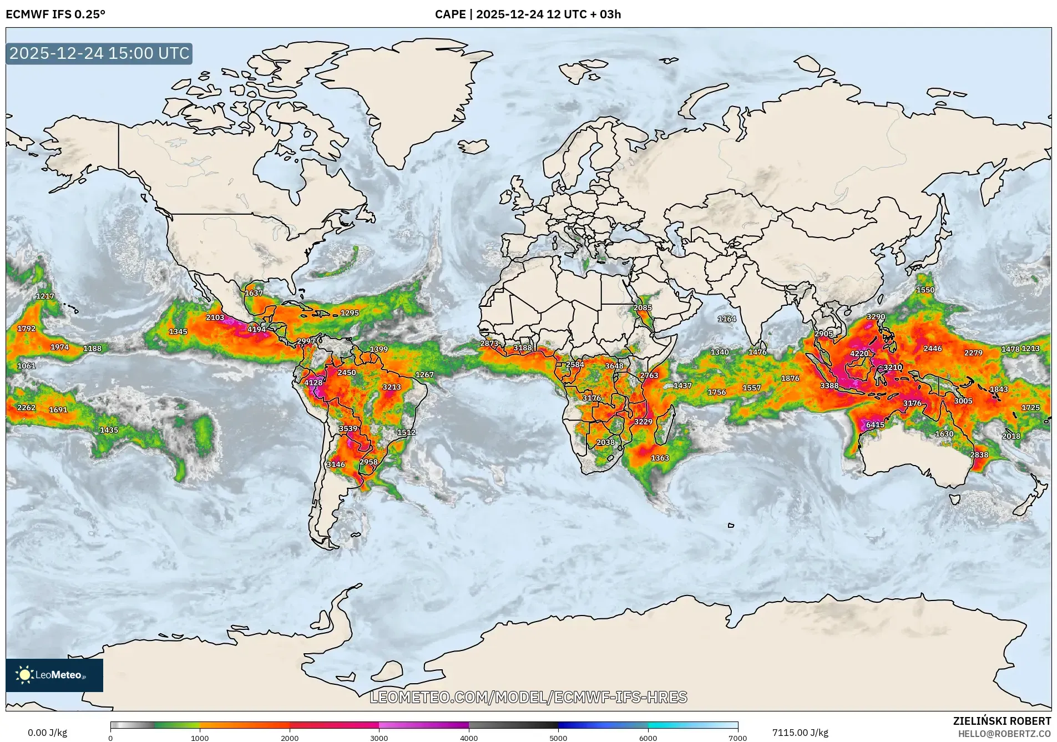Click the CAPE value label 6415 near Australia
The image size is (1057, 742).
[875, 425]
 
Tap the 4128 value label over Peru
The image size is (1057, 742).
[313, 382]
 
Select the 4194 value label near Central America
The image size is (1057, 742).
[256, 330]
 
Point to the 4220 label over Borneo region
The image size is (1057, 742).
[859, 354]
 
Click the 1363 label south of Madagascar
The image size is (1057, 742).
[660, 458]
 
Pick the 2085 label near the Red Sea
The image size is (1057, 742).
[643, 308]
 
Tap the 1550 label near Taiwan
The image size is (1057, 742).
[925, 290]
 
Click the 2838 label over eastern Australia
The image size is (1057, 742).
[979, 455]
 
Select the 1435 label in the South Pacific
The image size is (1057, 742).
[109, 430]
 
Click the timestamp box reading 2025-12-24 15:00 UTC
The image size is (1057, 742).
[99, 53]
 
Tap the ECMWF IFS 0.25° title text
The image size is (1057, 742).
[55, 14]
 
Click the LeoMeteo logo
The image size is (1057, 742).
[54, 675]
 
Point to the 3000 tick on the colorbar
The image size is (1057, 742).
[379, 738]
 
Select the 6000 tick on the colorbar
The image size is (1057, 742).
[648, 738]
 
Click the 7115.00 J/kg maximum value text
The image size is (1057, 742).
[800, 733]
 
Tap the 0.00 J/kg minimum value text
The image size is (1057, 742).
[47, 733]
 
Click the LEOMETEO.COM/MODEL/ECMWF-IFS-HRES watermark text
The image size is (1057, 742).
[528, 697]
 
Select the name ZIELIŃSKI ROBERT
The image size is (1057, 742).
[1002, 721]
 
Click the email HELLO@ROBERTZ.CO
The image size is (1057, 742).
[1004, 734]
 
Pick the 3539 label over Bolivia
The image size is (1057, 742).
[348, 429]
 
